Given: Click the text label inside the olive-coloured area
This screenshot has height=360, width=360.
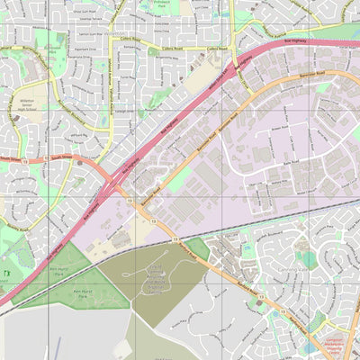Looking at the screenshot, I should pyautogui.click(x=157, y=279).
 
